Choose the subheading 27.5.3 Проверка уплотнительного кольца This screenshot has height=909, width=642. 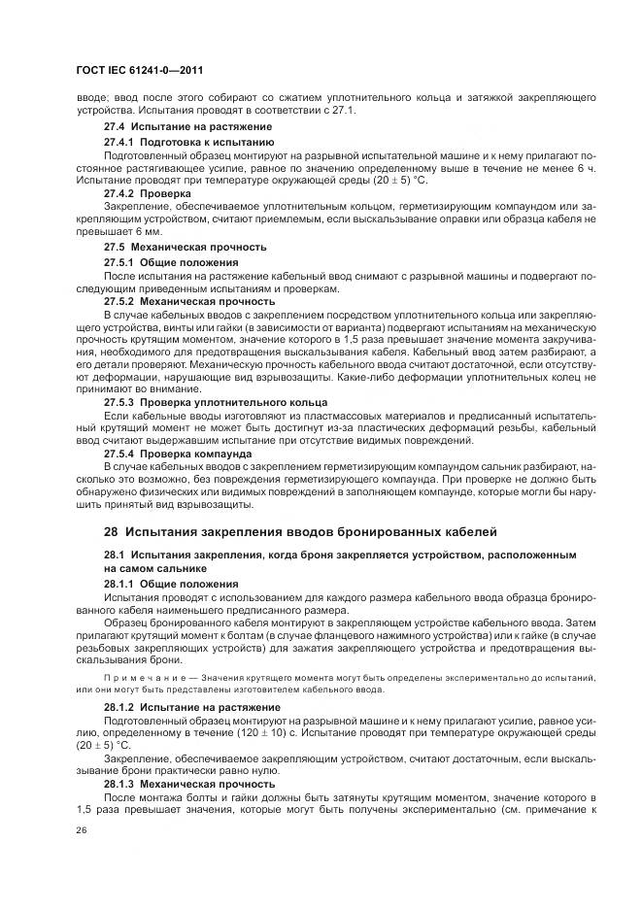point(215,401)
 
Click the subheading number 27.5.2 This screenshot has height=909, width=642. point(119,302)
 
